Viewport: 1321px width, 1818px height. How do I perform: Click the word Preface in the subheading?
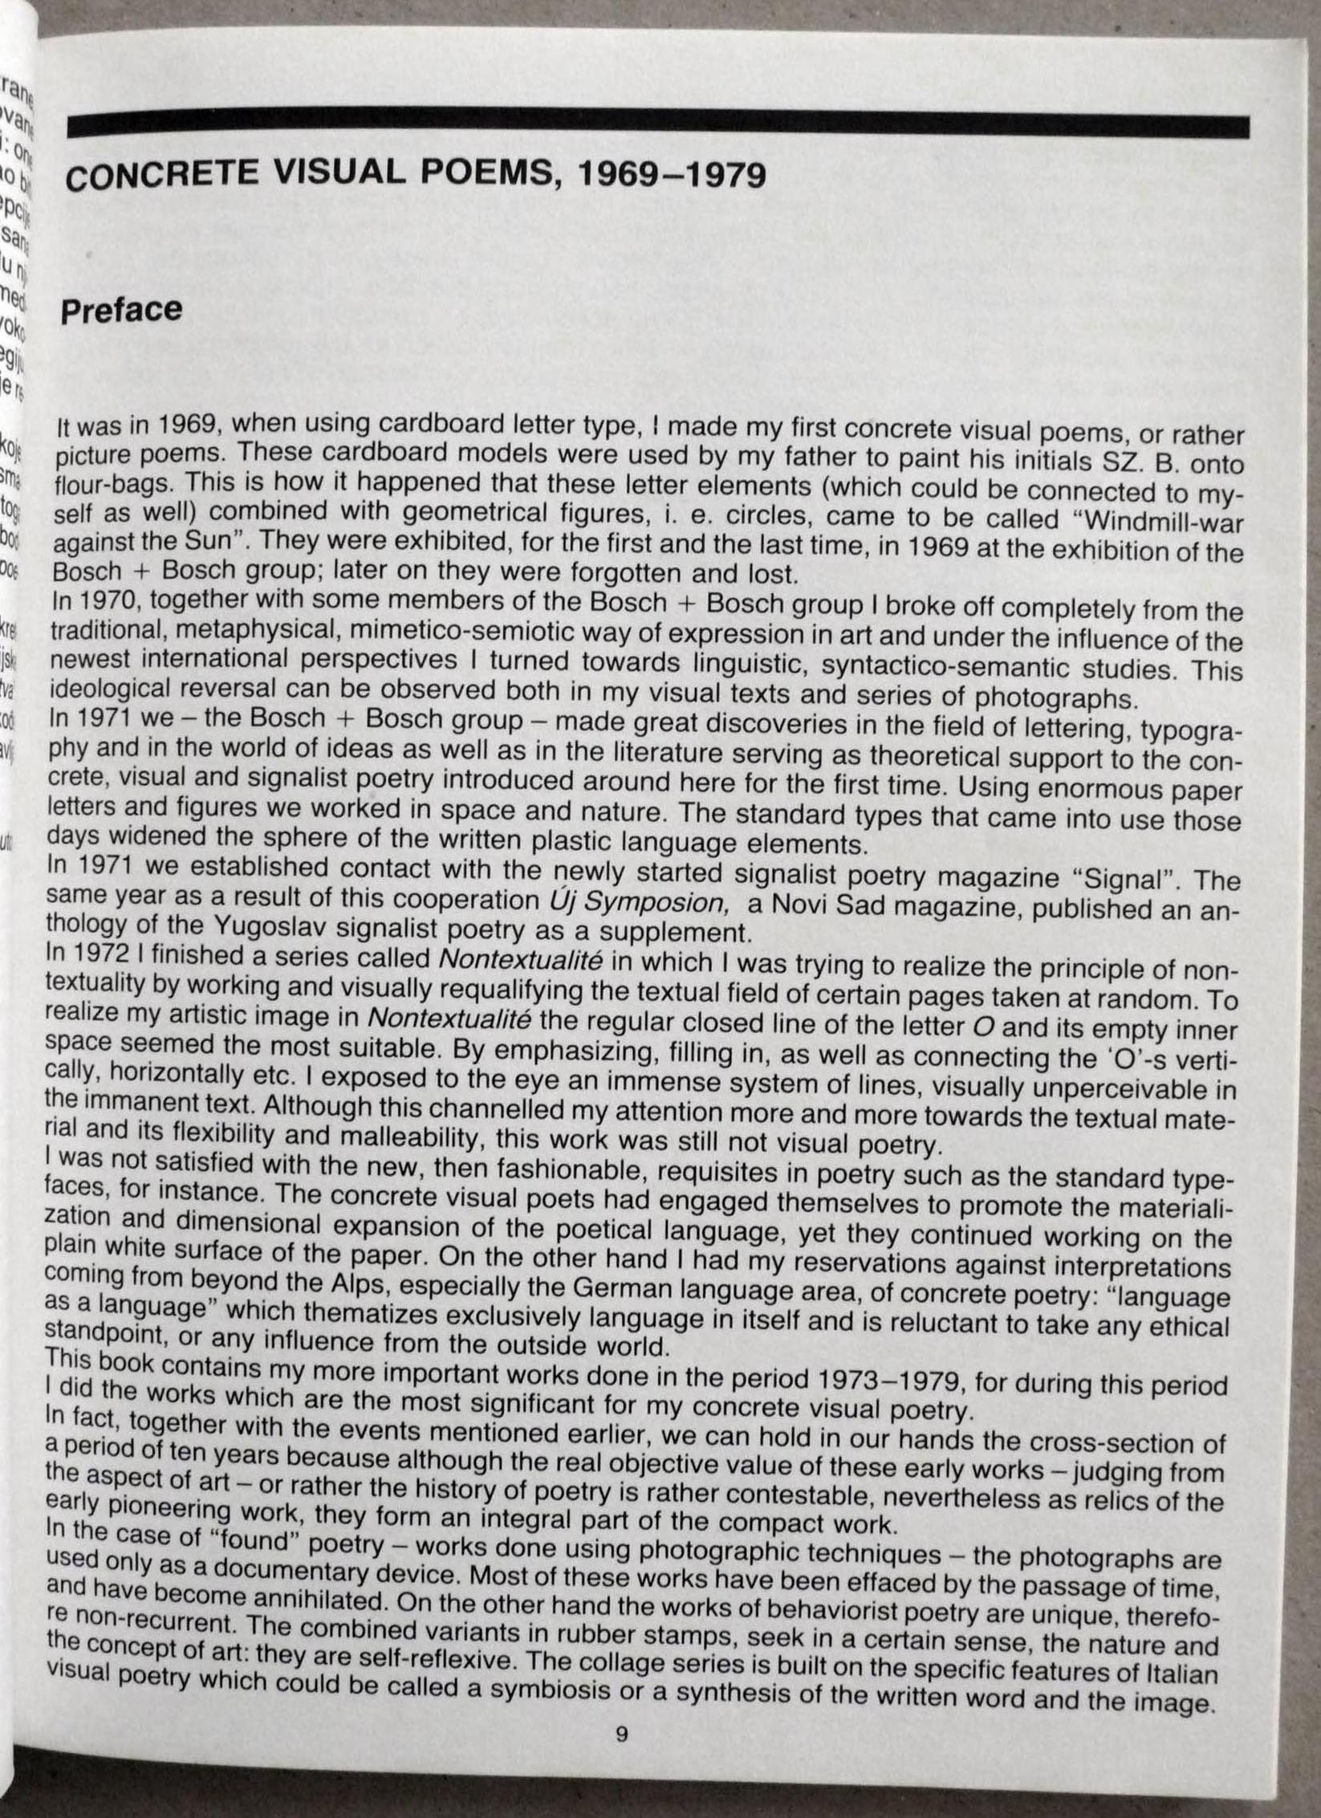pos(122,311)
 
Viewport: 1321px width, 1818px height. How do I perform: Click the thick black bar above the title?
pos(658,128)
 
